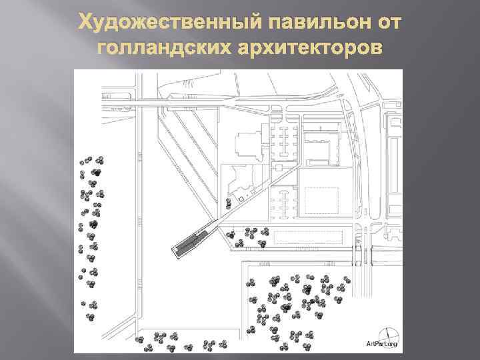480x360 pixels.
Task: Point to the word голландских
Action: [x=164, y=48]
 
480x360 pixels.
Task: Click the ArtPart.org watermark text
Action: [x=381, y=344]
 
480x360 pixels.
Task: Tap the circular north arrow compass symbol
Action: [x=388, y=338]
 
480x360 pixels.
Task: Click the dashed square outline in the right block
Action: [x=321, y=201]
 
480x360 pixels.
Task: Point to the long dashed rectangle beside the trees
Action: [x=308, y=237]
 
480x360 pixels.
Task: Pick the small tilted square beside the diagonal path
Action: [x=241, y=199]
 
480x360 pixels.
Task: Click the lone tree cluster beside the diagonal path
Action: [x=229, y=203]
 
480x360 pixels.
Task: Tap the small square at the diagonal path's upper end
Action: [x=278, y=167]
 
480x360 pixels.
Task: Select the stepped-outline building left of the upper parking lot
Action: [x=249, y=144]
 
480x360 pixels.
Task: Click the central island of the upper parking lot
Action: [x=285, y=141]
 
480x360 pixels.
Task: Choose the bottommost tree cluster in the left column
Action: [x=90, y=317]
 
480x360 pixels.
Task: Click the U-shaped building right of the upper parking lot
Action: [x=321, y=146]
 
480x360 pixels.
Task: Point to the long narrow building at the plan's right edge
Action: [x=393, y=165]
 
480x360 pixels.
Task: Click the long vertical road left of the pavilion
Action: [x=139, y=214]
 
